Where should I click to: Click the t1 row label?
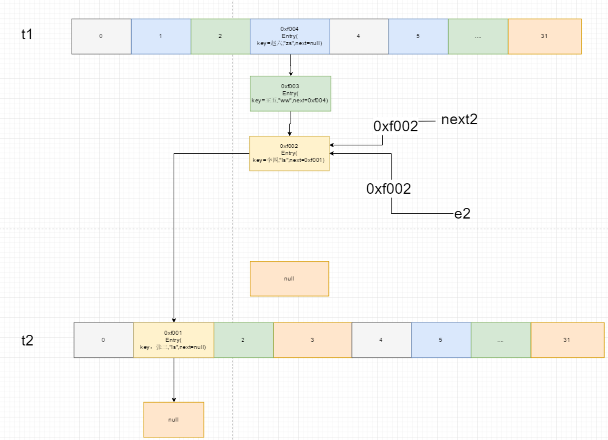point(27,36)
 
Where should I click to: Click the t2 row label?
point(27,341)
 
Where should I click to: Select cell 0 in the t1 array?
point(101,36)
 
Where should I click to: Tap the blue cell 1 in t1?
point(161,36)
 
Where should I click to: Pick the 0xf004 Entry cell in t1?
point(289,36)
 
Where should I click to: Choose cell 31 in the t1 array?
point(544,36)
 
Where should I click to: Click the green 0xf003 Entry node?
point(290,93)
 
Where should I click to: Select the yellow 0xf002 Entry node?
point(290,153)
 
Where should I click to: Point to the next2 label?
point(459,119)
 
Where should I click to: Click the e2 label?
point(462,214)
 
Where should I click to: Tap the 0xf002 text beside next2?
point(396,126)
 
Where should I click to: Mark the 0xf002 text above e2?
point(389,189)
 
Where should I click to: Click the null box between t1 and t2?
point(289,279)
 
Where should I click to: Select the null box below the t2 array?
point(174,420)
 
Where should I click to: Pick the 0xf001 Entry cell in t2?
point(174,340)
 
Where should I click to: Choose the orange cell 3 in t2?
point(312,340)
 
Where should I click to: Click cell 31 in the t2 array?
point(567,340)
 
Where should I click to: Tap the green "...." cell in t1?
point(478,36)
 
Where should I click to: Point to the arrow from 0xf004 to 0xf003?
point(290,65)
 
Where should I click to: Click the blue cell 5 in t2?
point(440,340)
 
